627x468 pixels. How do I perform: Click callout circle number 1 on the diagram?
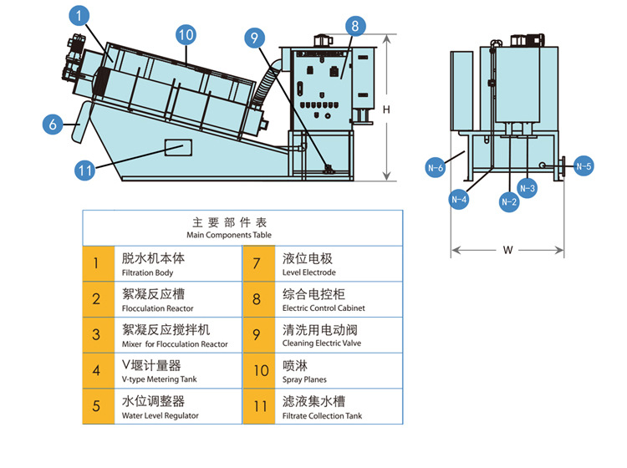(x=78, y=15)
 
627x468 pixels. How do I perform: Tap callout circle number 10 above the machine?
(x=186, y=34)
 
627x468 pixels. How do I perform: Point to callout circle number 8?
(x=354, y=26)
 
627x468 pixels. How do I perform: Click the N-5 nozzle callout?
(x=584, y=166)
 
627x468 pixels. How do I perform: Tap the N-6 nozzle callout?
(x=435, y=168)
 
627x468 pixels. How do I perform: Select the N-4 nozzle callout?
(x=459, y=199)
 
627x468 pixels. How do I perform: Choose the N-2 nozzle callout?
(x=508, y=201)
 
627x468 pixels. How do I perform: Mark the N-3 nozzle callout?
(x=528, y=189)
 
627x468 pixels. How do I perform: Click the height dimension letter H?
(x=386, y=109)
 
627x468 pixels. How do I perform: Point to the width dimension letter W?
(x=508, y=249)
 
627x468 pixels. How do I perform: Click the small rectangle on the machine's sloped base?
(x=176, y=148)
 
